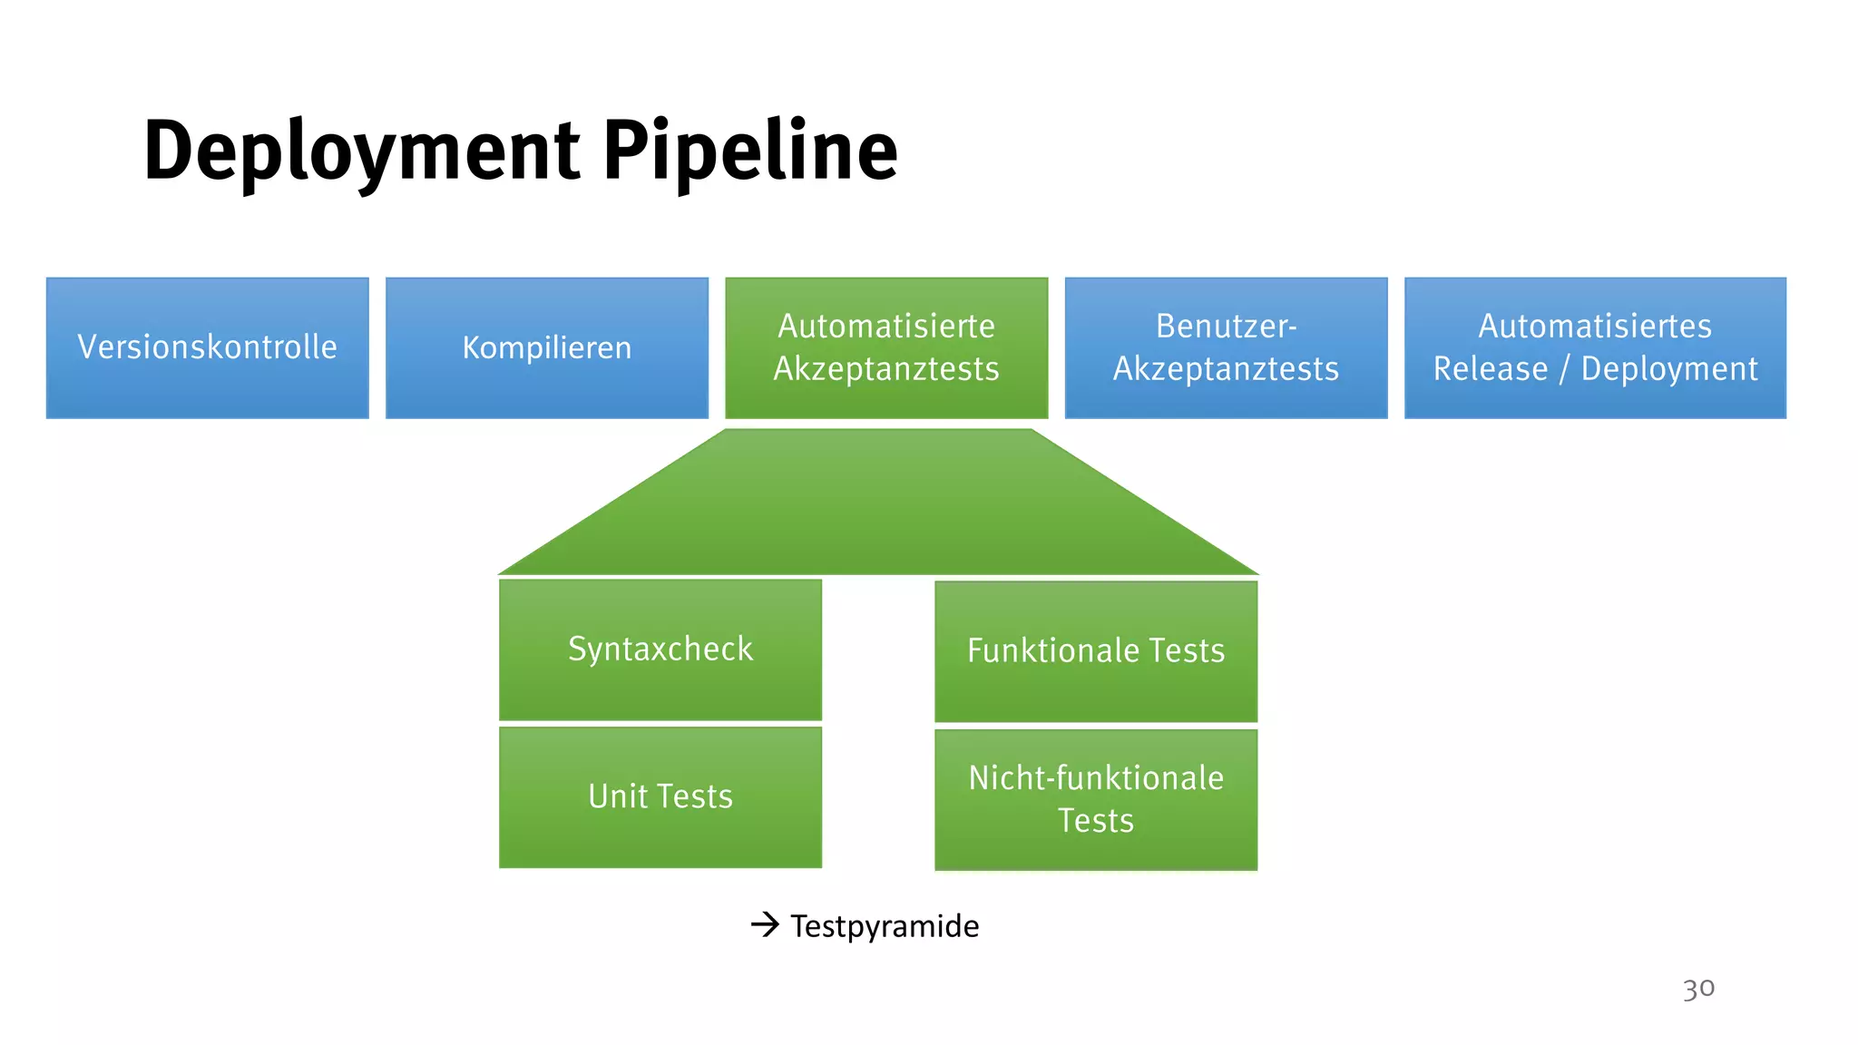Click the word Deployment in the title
pos(361,152)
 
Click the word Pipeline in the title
pos(749,152)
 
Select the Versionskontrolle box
pos(207,348)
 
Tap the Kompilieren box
pos(546,348)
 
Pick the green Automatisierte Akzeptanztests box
pos(886,348)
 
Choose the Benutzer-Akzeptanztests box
pos(1226,348)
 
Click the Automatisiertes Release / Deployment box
pos(1595,348)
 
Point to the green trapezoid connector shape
pos(878,508)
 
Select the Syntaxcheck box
pos(660,649)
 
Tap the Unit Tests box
pos(660,797)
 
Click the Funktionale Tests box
pos(1096,651)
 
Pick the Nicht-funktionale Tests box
pos(1096,799)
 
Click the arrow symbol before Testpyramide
pos(765,925)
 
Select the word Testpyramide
pos(885,926)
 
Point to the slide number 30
pos(1698,988)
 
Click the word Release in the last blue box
pos(1491,369)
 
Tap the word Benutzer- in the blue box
pos(1226,327)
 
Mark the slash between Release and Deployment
pos(1564,370)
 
